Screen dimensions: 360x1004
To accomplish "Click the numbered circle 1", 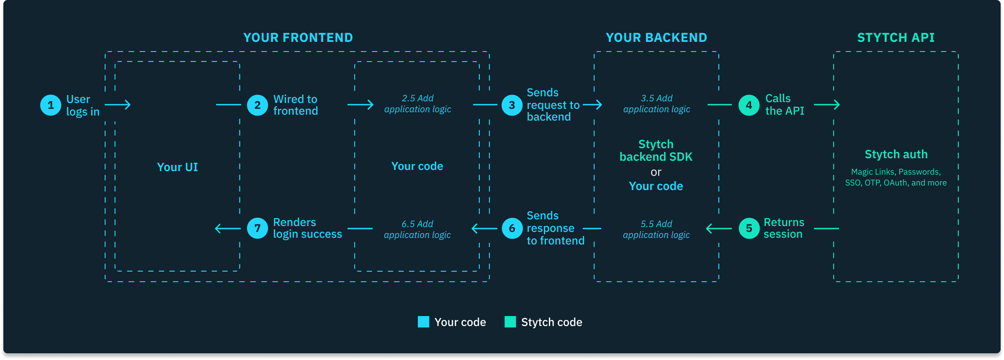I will tap(51, 105).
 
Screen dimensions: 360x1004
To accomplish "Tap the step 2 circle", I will tap(257, 105).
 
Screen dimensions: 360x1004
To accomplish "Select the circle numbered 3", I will tap(512, 105).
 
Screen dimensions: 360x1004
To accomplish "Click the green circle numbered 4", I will tap(749, 105).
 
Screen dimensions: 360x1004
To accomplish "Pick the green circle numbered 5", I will tap(749, 229).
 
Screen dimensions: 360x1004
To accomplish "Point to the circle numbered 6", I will tap(512, 229).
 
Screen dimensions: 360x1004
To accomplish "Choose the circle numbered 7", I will tap(257, 229).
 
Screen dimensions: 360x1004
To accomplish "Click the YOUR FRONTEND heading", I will tap(298, 38).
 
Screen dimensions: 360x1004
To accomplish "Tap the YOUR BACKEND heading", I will tap(656, 38).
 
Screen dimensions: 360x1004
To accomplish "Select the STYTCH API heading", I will tap(896, 38).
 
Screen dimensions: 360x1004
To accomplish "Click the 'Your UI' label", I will tap(177, 167).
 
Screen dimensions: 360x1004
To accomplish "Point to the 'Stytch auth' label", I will tap(896, 154).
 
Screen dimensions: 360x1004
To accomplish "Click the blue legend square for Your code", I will tap(423, 322).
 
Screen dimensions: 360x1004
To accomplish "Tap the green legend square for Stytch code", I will tap(510, 322).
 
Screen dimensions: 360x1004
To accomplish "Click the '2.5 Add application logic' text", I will tap(417, 104).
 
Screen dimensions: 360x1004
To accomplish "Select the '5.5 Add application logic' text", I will tap(656, 229).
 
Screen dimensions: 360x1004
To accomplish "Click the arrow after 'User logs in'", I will tap(118, 105).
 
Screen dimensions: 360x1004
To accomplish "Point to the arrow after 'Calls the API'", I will tap(827, 105).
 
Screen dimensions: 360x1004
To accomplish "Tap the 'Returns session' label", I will tap(783, 228).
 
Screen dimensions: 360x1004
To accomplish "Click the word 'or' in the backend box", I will tap(656, 172).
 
